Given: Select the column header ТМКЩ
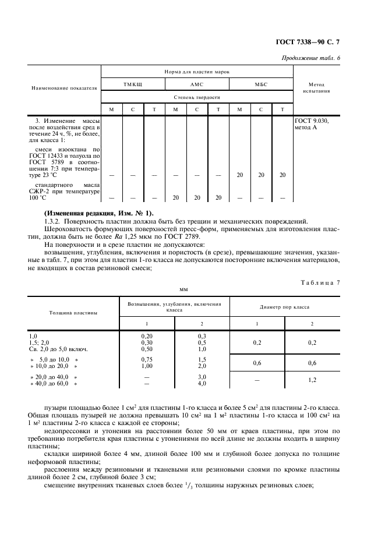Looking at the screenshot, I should click(133, 84).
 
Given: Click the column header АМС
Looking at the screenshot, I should click(196, 84).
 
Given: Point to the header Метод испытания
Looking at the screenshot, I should click(316, 88).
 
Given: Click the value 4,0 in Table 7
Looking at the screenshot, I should click(202, 384).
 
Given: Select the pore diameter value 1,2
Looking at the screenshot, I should click(312, 380).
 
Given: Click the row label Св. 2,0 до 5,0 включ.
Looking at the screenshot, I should click(58, 349).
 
